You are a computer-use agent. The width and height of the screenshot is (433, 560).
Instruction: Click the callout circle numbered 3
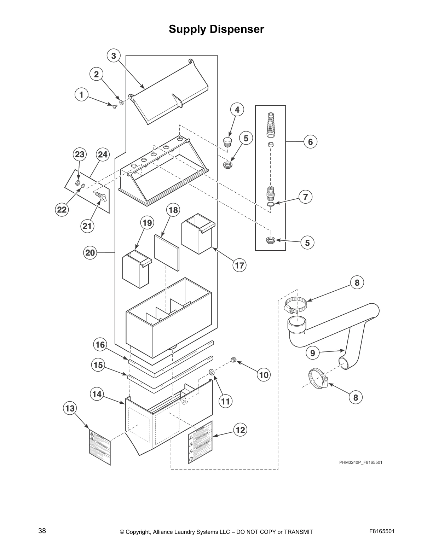[x=114, y=56]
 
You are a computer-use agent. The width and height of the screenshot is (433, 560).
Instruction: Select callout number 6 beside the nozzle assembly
[x=310, y=142]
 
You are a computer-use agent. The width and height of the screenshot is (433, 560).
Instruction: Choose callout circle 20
[x=90, y=253]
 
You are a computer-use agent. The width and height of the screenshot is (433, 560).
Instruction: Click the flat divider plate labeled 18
[x=167, y=251]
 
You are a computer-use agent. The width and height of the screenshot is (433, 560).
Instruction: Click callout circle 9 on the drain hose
[x=312, y=353]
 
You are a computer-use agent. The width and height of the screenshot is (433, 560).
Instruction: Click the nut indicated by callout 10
[x=233, y=360]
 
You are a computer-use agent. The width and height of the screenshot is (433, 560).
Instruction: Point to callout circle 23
[x=80, y=154]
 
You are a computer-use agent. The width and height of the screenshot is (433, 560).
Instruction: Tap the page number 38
[x=42, y=531]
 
